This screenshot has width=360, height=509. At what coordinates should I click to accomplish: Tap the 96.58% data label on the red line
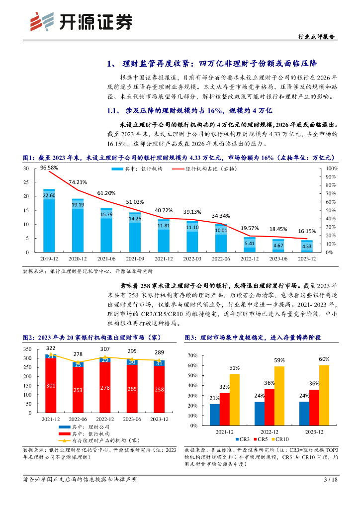click(49, 168)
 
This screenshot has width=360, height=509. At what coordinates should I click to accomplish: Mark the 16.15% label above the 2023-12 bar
click(306, 232)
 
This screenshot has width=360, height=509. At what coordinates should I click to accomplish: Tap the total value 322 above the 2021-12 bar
click(51, 348)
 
